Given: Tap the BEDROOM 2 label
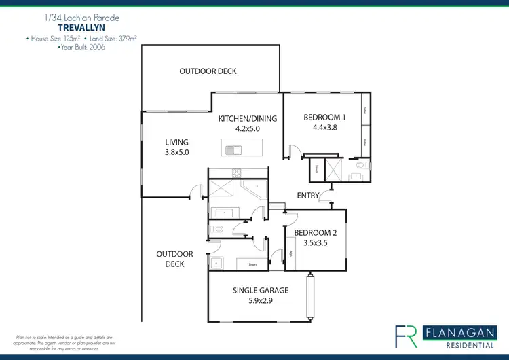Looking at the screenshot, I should pyautogui.click(x=316, y=232).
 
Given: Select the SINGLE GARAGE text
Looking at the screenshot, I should pyautogui.click(x=261, y=290).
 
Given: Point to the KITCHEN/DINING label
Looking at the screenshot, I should pyautogui.click(x=247, y=118).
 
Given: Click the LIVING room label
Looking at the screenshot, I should pyautogui.click(x=176, y=142).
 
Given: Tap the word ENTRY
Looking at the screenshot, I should pyautogui.click(x=308, y=196).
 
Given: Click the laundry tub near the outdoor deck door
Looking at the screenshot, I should pyautogui.click(x=216, y=263).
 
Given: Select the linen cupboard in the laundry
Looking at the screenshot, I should pyautogui.click(x=252, y=264).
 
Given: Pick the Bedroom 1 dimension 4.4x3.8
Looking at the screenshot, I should pyautogui.click(x=325, y=127).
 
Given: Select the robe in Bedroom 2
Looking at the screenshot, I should pyautogui.click(x=290, y=253).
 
